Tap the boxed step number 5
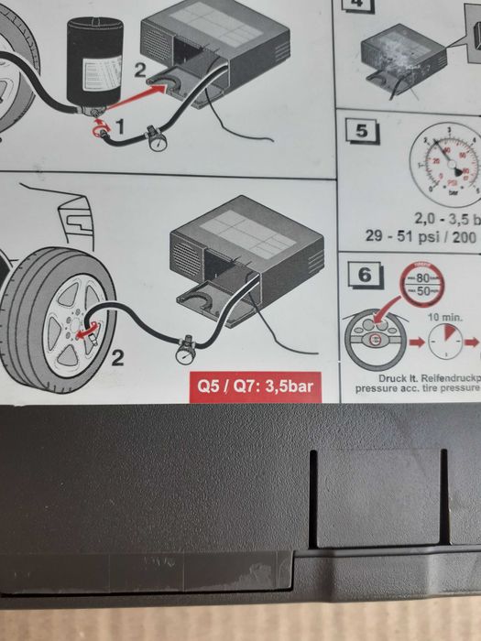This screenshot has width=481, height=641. (363, 130)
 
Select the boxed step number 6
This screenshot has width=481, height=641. (365, 273)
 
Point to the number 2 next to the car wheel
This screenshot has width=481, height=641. (116, 357)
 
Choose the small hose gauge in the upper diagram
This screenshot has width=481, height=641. (155, 139)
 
